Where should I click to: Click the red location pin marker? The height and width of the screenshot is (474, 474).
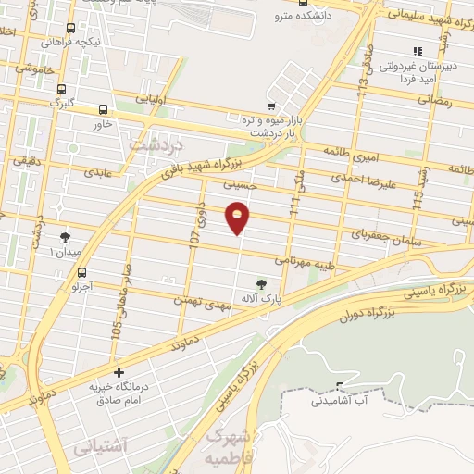coord(238,217)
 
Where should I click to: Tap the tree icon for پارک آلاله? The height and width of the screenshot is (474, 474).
coord(260,283)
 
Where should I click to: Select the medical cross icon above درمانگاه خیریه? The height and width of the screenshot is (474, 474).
coord(118,372)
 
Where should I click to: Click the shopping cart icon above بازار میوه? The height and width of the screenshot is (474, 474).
coord(270,106)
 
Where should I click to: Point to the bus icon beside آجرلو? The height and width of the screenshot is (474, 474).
coord(82,273)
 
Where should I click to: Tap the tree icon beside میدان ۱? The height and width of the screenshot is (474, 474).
coord(64,238)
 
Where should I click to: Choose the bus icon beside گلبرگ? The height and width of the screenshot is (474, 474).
coord(61,90)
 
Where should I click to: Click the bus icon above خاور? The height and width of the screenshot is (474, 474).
coord(103,107)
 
